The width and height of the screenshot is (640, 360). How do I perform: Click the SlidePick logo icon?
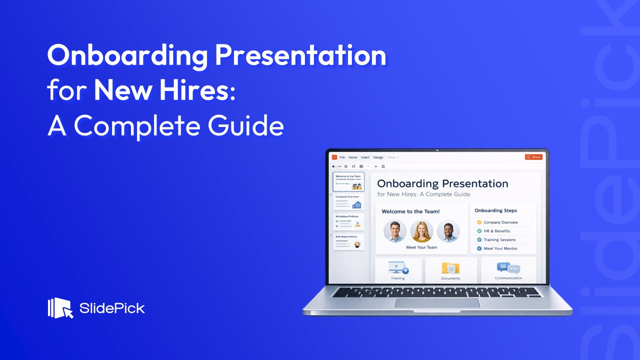(x=60, y=308)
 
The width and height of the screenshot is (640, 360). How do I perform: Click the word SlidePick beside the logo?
(x=112, y=308)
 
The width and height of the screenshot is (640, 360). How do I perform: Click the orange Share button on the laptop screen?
(x=533, y=157)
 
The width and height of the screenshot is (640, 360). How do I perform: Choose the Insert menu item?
(x=365, y=157)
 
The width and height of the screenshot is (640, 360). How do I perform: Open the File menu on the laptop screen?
(x=342, y=157)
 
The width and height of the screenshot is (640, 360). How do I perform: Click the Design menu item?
(x=378, y=157)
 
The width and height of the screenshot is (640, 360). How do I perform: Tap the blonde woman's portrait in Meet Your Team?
(x=421, y=231)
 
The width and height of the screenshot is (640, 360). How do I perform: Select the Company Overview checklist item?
(x=500, y=222)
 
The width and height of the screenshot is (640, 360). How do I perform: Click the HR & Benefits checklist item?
(x=496, y=231)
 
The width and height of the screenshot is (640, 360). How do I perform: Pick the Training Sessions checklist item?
(x=499, y=239)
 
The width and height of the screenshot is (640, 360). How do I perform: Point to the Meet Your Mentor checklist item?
(x=500, y=248)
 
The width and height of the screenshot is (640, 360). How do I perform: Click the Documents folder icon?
(x=450, y=268)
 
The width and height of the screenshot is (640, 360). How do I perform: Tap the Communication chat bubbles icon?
(x=508, y=268)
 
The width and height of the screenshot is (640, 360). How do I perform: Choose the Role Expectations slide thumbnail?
(x=348, y=242)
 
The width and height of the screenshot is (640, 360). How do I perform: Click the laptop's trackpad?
(x=437, y=303)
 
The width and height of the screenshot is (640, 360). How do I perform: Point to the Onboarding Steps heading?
(x=495, y=210)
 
